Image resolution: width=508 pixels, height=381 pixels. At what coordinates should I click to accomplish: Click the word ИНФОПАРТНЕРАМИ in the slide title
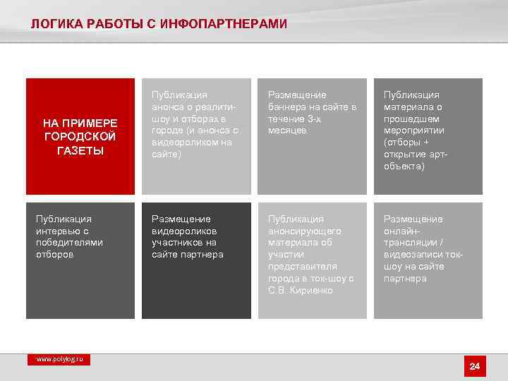click(224, 25)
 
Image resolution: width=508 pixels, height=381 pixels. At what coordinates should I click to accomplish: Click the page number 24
click(474, 366)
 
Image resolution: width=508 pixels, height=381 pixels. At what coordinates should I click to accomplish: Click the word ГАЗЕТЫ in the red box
click(80, 152)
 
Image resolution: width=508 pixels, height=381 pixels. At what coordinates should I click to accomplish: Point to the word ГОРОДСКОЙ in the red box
click(80, 136)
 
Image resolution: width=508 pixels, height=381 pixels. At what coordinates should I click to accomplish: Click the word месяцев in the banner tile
click(287, 131)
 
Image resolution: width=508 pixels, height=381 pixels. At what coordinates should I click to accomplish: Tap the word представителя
click(303, 267)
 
